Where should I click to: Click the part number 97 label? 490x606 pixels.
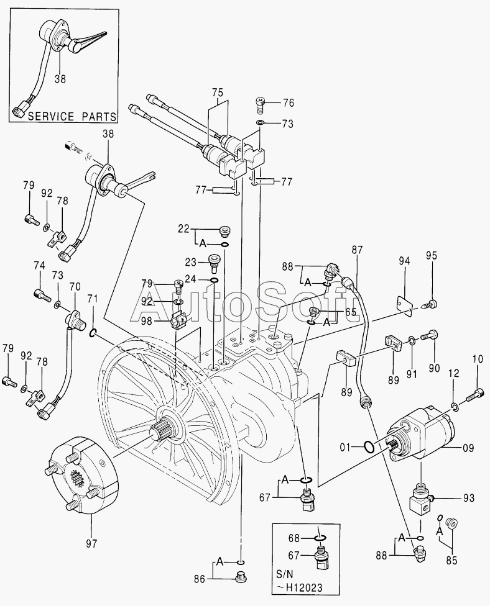pos(91,543)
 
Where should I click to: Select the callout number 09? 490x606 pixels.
pos(468,448)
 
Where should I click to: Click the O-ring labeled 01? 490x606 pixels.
pos(369,447)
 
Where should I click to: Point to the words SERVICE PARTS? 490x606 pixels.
pos(72,116)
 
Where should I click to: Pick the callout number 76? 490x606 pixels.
pos(298,103)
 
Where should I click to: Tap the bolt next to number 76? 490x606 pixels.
pos(261,105)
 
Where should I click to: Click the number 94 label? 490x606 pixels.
pos(404,261)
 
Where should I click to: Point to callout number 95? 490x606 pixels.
pos(432,255)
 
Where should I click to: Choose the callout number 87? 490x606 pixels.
pos(358,250)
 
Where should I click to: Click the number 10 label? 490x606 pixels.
pos(478,359)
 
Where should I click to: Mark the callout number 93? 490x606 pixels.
pos(468,498)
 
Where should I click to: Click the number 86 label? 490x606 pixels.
pos(200,579)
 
